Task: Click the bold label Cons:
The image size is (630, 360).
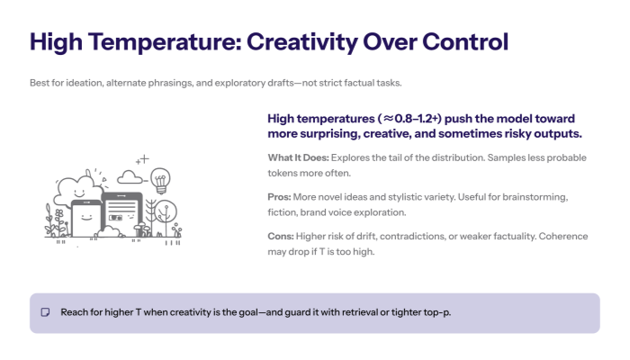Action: pyautogui.click(x=283, y=236)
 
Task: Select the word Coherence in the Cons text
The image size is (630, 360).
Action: pyautogui.click(x=563, y=236)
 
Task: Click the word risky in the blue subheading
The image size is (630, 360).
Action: pyautogui.click(x=497, y=133)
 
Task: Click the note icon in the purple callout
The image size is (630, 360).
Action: pyautogui.click(x=45, y=313)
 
